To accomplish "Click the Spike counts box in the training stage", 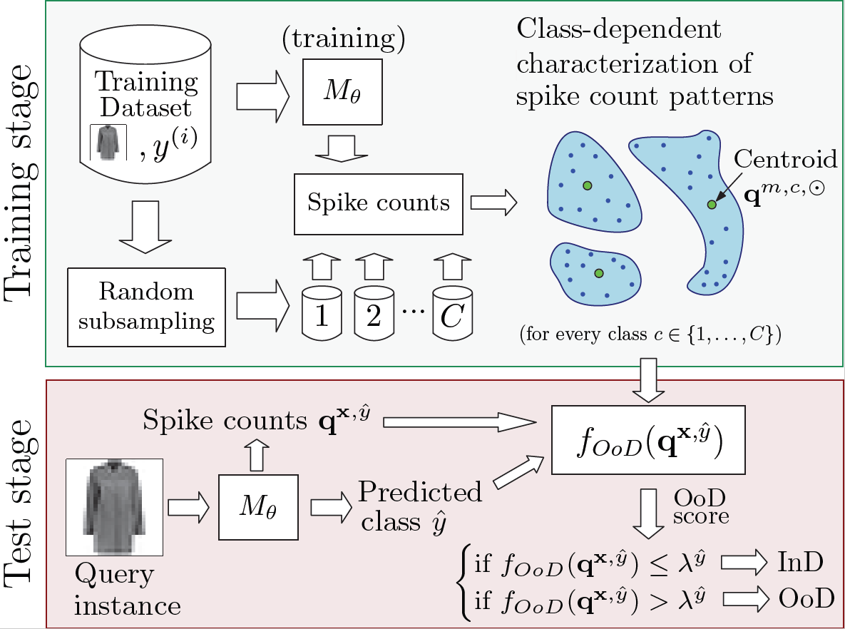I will (379, 203).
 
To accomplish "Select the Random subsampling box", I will (145, 307).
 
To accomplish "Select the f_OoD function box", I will (649, 440).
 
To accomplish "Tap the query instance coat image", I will (115, 506).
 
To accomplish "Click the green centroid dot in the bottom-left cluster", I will (598, 273).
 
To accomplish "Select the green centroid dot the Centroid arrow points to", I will (711, 205).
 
